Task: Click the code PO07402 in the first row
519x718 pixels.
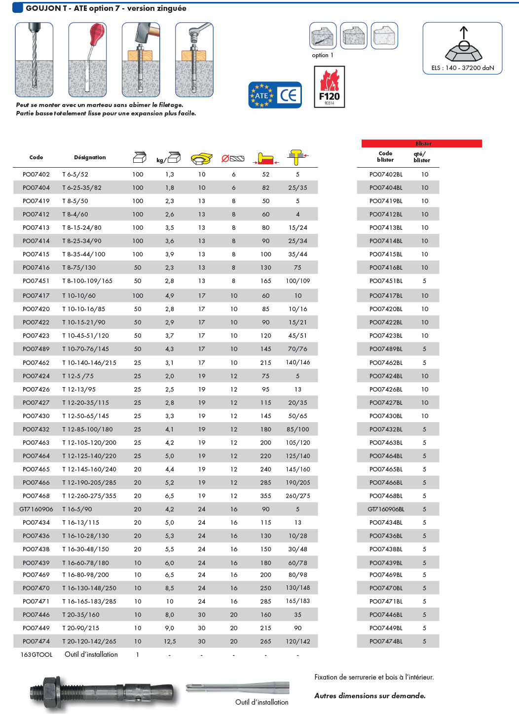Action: [36, 175]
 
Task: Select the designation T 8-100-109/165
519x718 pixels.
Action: [87, 281]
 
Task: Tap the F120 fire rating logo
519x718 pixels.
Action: [329, 87]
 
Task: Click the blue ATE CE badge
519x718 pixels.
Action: [275, 95]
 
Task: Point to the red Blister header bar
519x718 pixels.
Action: [421, 144]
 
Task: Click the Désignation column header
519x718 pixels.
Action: [90, 158]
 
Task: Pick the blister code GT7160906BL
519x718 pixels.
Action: [386, 509]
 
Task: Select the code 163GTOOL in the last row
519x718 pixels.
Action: [37, 655]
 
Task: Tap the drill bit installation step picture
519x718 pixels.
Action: [34, 59]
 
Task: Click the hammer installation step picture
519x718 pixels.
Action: [141, 59]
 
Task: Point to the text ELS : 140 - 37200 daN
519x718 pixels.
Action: [462, 68]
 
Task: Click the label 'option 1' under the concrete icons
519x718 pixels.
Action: [323, 55]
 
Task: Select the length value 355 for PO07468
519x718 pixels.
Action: [265, 496]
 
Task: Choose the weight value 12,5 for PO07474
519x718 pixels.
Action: [170, 642]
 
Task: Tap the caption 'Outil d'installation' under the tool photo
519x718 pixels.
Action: [261, 702]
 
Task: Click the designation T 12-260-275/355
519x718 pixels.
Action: [89, 496]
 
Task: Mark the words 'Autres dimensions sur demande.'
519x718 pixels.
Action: [370, 696]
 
